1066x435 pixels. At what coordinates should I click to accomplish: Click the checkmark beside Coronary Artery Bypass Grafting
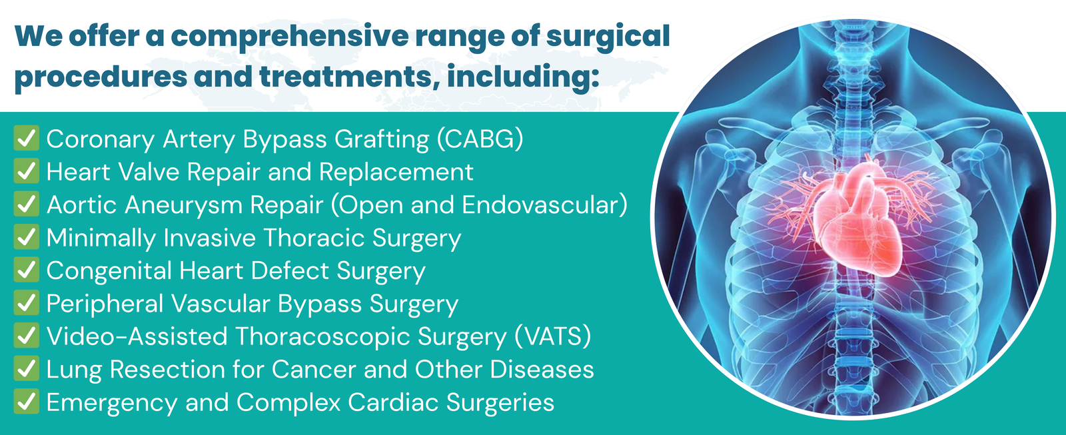26,138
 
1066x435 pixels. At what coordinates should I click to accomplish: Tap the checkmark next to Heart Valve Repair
26,171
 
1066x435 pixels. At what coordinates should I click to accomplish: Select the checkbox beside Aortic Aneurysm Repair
26,204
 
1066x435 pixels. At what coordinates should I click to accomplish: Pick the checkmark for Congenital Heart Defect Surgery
26,269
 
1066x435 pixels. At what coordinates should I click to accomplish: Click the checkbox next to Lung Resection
26,368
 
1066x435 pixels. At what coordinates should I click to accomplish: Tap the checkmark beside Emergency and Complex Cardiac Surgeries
26,401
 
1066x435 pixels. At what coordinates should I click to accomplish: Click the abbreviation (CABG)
480,139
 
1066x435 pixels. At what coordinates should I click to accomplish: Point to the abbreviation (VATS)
553,336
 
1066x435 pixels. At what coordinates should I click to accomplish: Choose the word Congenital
109,271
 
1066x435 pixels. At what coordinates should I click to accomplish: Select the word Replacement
396,172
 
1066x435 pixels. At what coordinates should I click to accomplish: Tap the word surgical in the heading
608,37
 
